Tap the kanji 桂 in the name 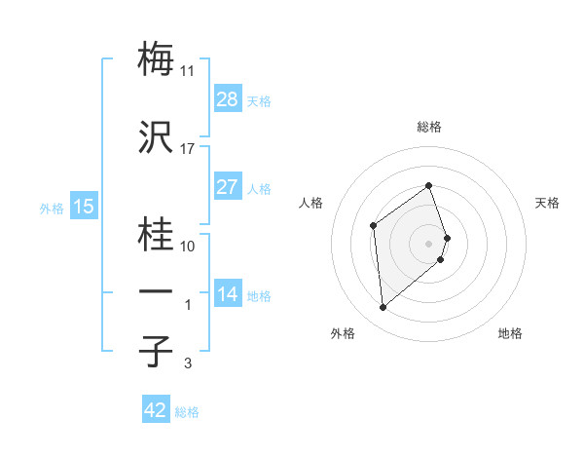coord(157,234)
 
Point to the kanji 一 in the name coord(157,290)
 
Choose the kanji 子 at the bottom coord(157,351)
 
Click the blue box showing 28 coord(228,99)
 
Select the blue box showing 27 coord(228,187)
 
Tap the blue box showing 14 coord(228,293)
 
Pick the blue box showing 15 coord(84,207)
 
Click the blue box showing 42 coord(156,410)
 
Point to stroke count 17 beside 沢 coord(188,148)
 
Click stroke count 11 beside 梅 coord(188,71)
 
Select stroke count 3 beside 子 coord(188,364)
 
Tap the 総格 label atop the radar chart coord(429,127)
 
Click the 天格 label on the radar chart coord(548,203)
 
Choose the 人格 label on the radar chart coord(311,203)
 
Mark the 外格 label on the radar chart coord(343,334)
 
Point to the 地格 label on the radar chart coord(510,334)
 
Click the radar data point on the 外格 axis coord(383,308)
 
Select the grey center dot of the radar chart coord(429,243)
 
